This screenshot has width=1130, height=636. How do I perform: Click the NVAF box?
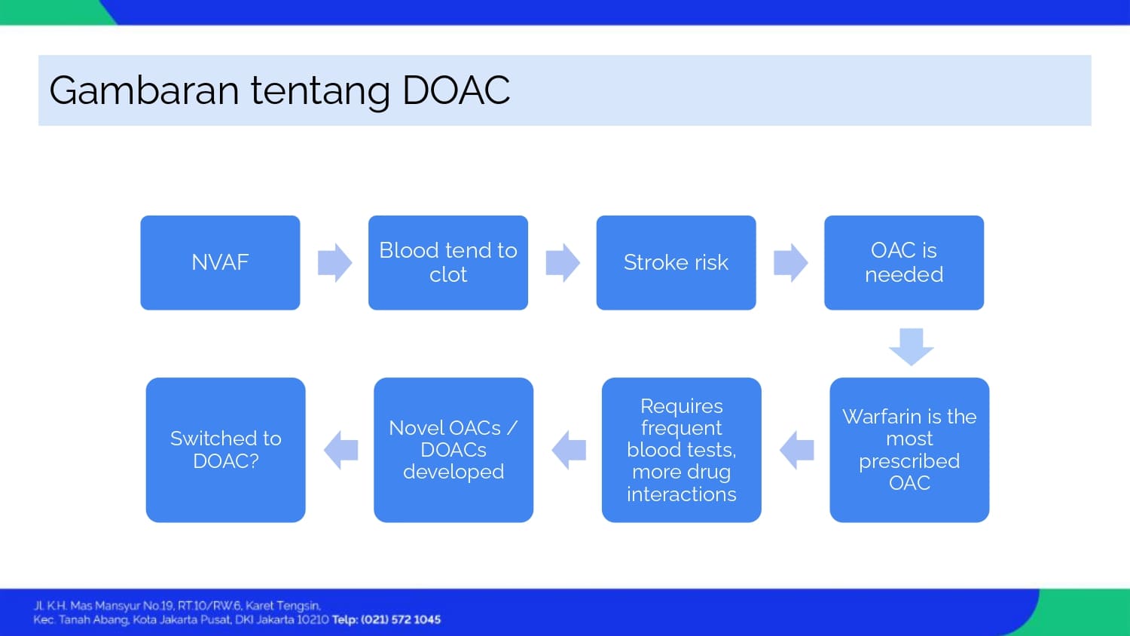tap(220, 262)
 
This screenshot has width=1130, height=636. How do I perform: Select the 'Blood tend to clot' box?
tap(448, 262)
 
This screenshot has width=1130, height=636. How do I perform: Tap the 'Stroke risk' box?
tap(676, 262)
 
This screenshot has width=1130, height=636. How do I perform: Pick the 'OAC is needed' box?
tap(904, 262)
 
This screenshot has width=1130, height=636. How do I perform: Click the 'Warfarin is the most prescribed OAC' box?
tap(909, 450)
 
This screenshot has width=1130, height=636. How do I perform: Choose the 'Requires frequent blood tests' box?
tap(681, 450)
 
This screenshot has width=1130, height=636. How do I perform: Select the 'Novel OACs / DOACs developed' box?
tap(454, 450)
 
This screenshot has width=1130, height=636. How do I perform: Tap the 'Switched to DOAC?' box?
tap(225, 450)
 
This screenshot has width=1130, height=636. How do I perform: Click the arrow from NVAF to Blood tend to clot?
tap(334, 262)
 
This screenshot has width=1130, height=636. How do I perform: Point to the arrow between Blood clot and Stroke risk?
tap(563, 262)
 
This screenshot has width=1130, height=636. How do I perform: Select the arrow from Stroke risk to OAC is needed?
tap(790, 262)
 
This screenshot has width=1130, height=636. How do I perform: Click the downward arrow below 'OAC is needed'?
tap(911, 346)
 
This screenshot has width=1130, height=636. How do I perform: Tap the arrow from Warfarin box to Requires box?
tap(796, 450)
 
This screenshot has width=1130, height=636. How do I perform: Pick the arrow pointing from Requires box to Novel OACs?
tap(569, 450)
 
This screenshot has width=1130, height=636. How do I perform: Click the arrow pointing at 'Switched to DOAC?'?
tap(341, 450)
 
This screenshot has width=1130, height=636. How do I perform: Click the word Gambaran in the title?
tap(144, 90)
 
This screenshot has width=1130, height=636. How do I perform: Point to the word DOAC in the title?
tap(456, 90)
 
